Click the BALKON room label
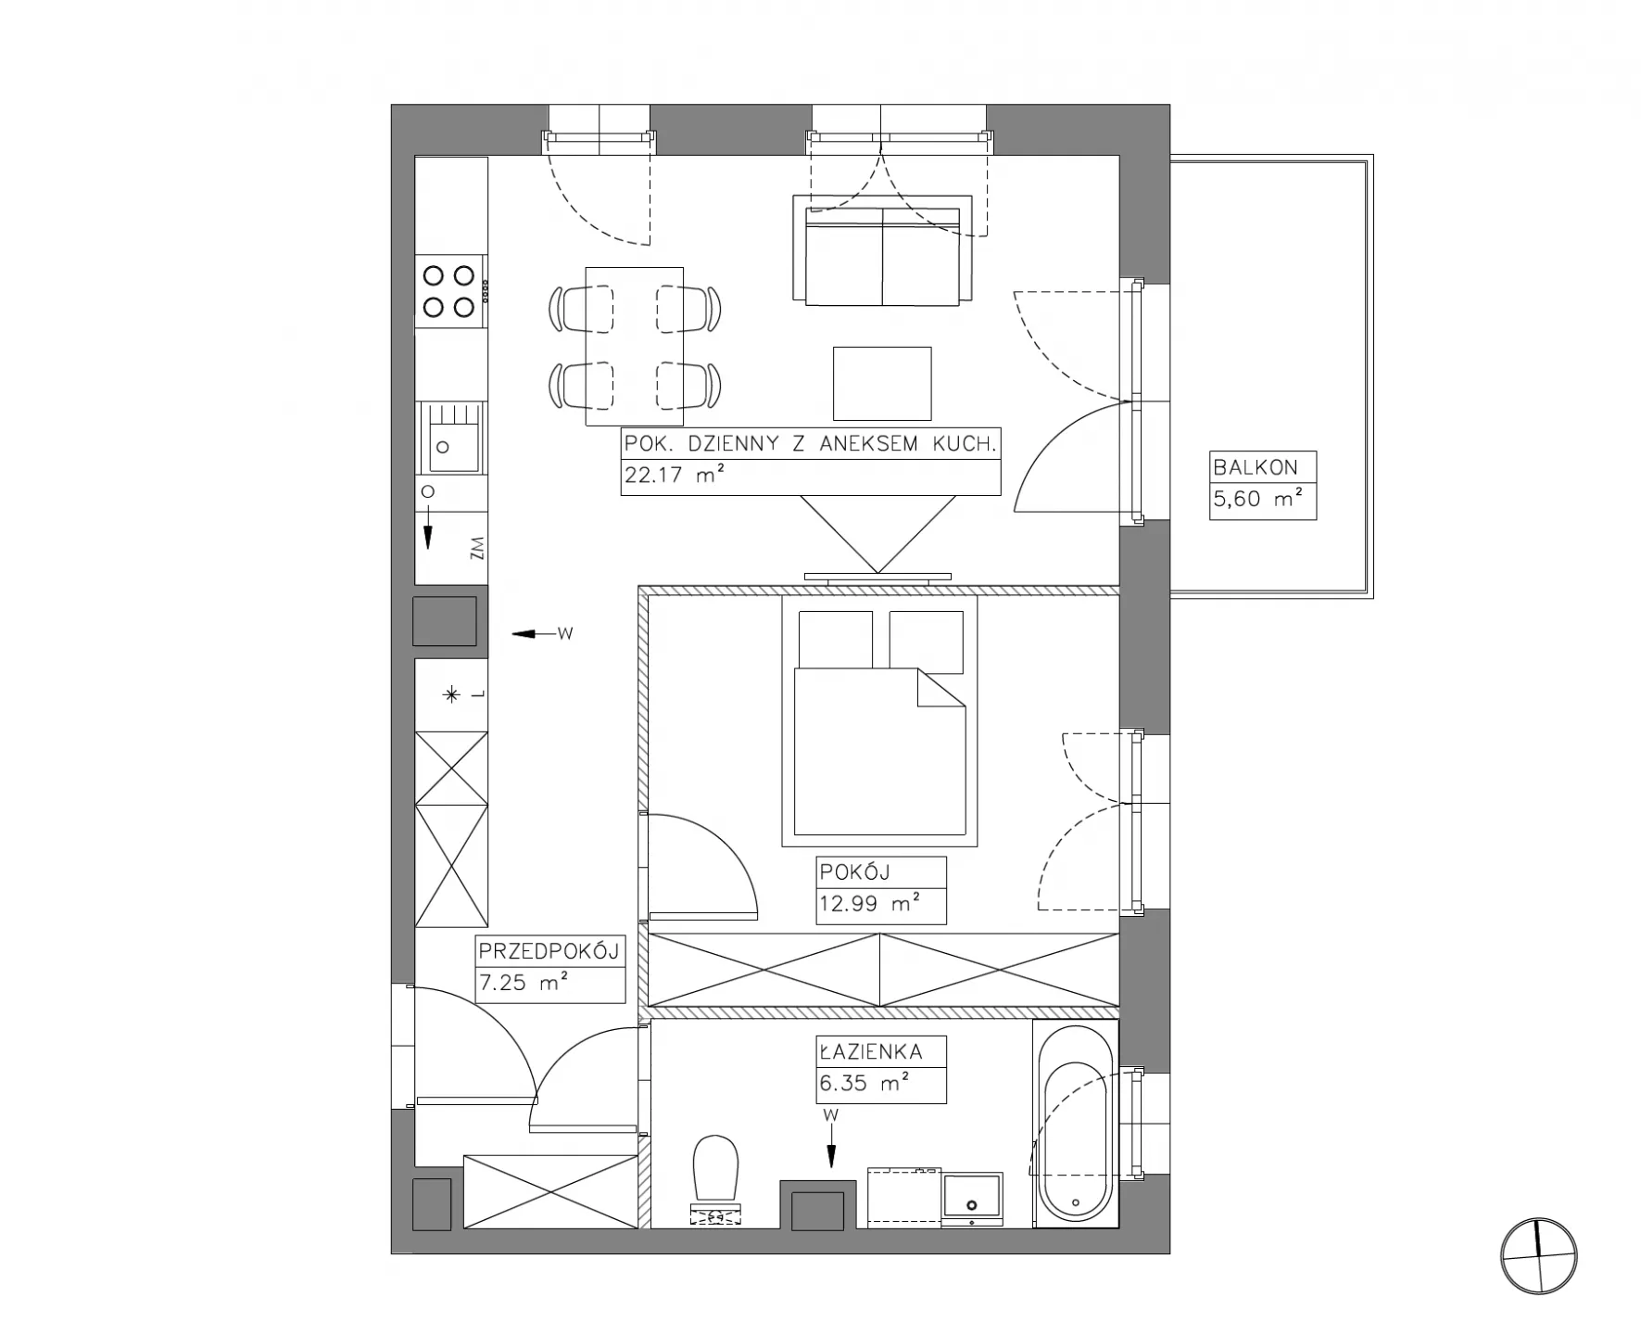[1256, 467]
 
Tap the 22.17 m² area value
[674, 476]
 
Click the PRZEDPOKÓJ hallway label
[548, 951]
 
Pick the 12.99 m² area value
[868, 903]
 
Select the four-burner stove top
[449, 291]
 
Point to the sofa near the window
[882, 249]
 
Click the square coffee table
[881, 384]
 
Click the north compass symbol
[1538, 1257]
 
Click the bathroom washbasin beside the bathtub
[972, 1200]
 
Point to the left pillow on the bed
[835, 640]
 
